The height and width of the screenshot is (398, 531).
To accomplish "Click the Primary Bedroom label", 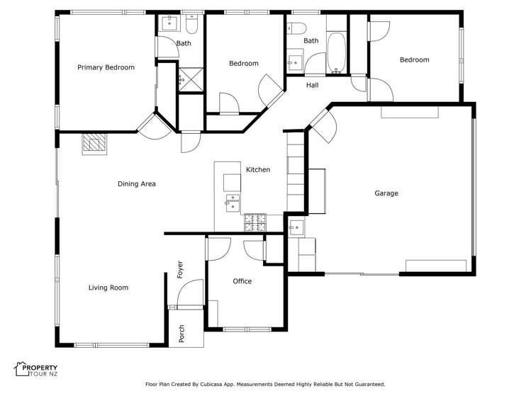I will point(106,67).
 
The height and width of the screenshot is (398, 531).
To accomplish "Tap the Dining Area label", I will point(136,184).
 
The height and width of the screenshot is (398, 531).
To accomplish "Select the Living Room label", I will point(108,288).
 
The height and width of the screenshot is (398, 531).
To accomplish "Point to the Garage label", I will point(386,193).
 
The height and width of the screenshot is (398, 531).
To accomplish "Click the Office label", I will point(242,281).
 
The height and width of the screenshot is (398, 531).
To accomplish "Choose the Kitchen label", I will point(257,170).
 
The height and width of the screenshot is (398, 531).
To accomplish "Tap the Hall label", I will point(312,86).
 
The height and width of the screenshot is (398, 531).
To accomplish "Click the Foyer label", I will point(180,269).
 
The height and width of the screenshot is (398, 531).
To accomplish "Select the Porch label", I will point(181,334).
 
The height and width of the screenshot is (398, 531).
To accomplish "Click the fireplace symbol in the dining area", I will point(94,144).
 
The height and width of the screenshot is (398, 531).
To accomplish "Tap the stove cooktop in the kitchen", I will point(255,223).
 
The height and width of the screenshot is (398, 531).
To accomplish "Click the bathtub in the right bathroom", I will point(336,53).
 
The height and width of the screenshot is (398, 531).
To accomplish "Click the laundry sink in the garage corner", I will point(296,227).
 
